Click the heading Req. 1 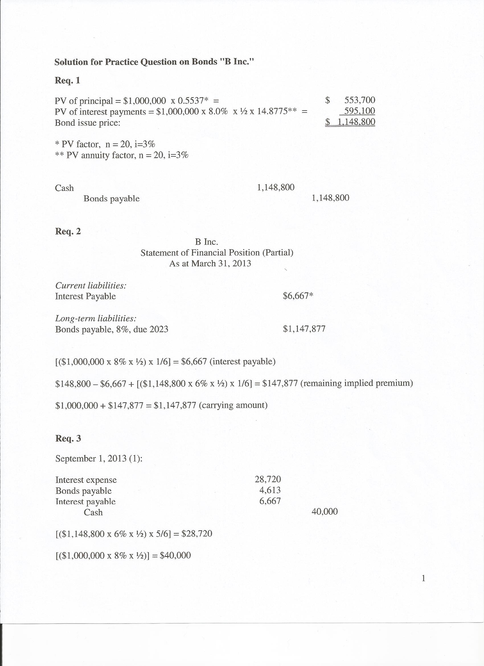pos(67,80)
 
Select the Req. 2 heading pos(68,231)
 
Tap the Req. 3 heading pos(68,438)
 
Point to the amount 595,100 pos(360,111)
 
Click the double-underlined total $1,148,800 pos(350,122)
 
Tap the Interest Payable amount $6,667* pos(298,296)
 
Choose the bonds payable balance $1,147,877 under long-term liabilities pos(304,329)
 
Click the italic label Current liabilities pos(91,285)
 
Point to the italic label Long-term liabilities pos(96,318)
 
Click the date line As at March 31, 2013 pos(210,263)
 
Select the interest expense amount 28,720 pos(268,479)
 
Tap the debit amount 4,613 pos(270,490)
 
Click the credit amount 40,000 pos(325,512)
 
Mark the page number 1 pos(423,579)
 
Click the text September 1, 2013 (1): pos(99,459)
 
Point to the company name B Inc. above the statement pos(206,242)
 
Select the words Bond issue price pos(87,123)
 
